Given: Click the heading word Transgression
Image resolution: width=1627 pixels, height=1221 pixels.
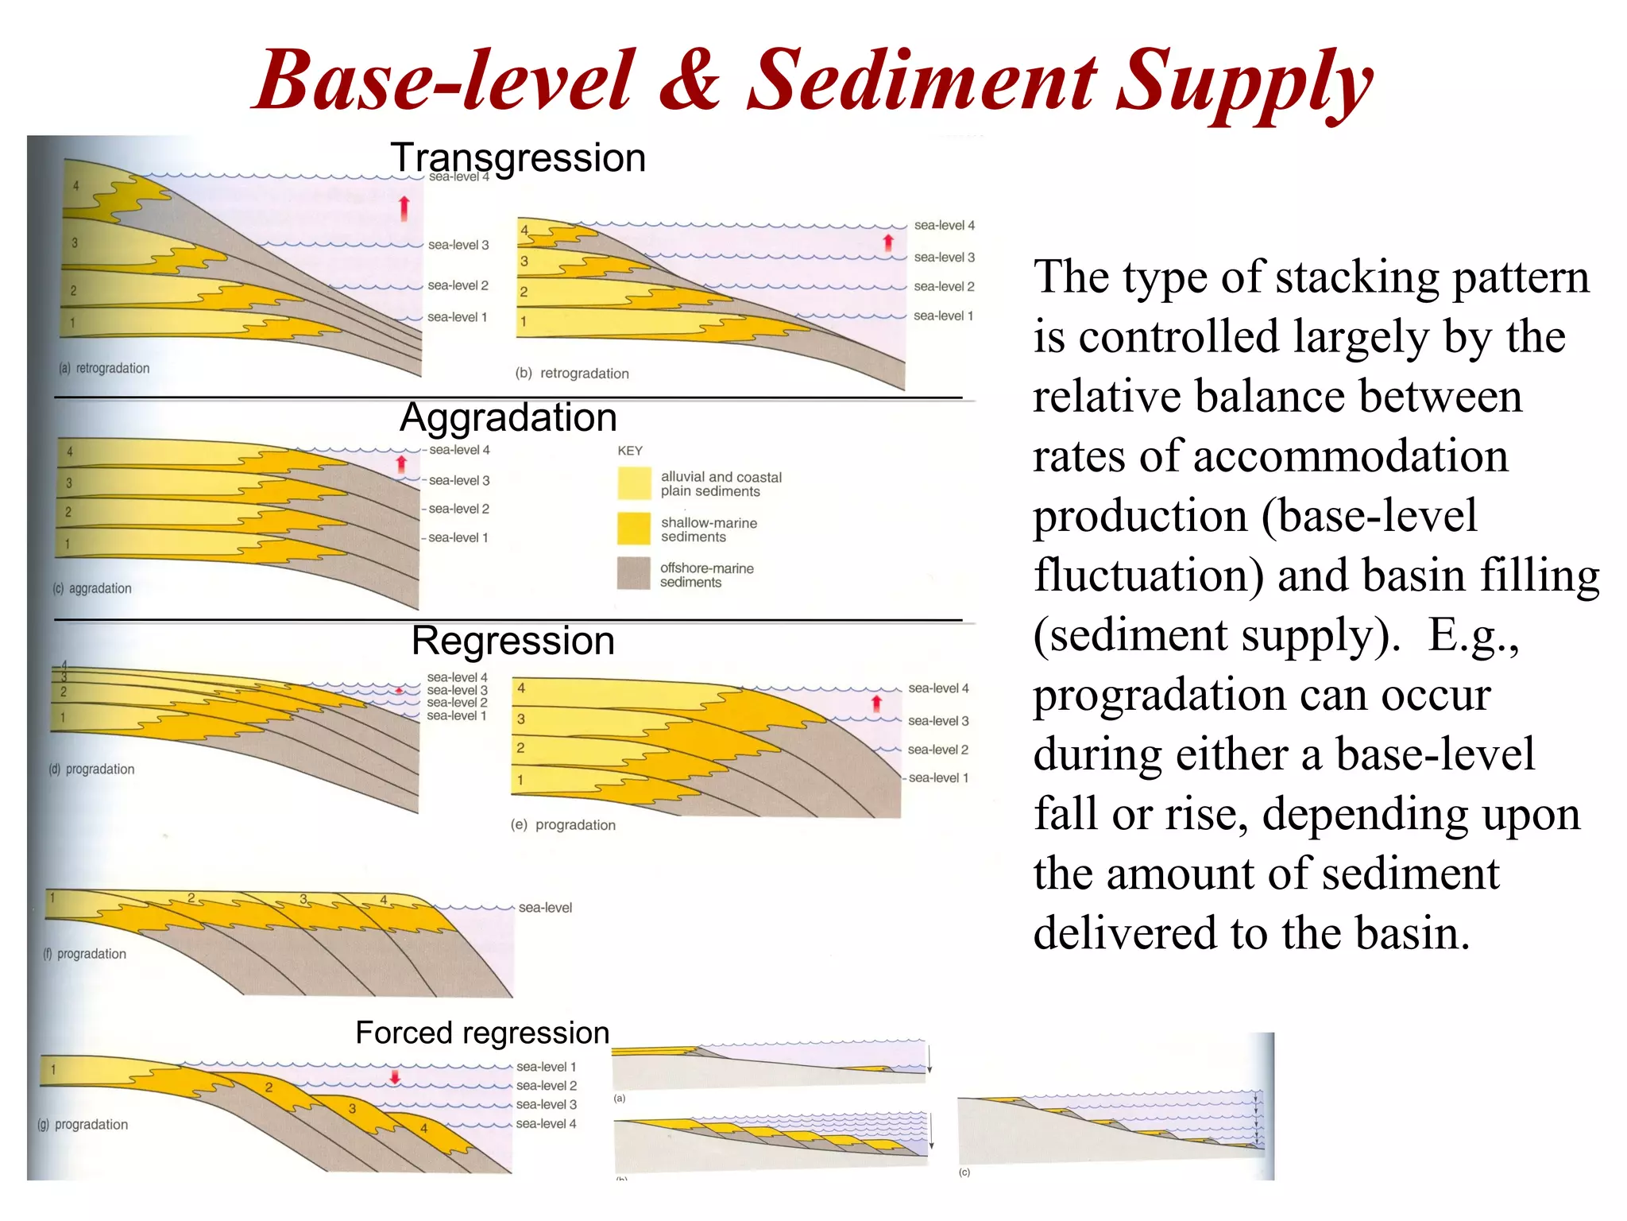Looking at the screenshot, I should pyautogui.click(x=518, y=157).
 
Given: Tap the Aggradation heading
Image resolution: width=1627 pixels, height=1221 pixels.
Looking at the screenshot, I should pyautogui.click(x=508, y=417).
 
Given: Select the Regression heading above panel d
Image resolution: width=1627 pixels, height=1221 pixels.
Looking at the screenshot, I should pyautogui.click(x=513, y=641).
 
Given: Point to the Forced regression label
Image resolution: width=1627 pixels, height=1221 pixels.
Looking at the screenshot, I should pyautogui.click(x=482, y=1033).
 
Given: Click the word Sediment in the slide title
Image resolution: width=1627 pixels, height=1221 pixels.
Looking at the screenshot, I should pyautogui.click(x=922, y=81).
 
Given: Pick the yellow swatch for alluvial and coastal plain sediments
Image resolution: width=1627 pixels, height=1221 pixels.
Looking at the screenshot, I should pyautogui.click(x=634, y=483).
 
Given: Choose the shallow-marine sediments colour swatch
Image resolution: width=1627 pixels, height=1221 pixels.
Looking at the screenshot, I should pyautogui.click(x=634, y=529).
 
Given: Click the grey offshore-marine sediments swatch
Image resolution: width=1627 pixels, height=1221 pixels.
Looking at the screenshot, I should pyautogui.click(x=634, y=573).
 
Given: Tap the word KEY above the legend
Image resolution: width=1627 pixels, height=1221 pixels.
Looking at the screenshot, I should pyautogui.click(x=630, y=451).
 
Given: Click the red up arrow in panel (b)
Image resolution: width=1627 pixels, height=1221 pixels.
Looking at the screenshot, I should pyautogui.click(x=888, y=242).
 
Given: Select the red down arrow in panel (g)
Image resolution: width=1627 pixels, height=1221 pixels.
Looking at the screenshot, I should pyautogui.click(x=395, y=1077).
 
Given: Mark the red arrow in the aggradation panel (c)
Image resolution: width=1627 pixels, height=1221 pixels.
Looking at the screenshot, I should pyautogui.click(x=401, y=463).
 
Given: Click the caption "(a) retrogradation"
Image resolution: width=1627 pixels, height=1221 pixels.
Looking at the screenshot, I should pyautogui.click(x=104, y=369).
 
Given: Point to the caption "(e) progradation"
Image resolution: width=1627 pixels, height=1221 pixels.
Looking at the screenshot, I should pyautogui.click(x=563, y=825).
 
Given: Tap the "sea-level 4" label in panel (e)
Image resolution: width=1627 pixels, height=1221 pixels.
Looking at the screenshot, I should pyautogui.click(x=938, y=688).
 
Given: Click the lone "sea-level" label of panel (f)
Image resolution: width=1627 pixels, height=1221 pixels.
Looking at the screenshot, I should pyautogui.click(x=545, y=908).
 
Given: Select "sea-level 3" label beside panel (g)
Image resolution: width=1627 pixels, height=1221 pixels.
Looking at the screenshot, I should pyautogui.click(x=547, y=1105).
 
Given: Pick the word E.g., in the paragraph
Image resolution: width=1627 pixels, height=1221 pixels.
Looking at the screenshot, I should pyautogui.click(x=1473, y=635).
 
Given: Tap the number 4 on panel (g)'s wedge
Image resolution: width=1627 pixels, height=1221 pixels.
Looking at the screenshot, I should pyautogui.click(x=424, y=1128).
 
